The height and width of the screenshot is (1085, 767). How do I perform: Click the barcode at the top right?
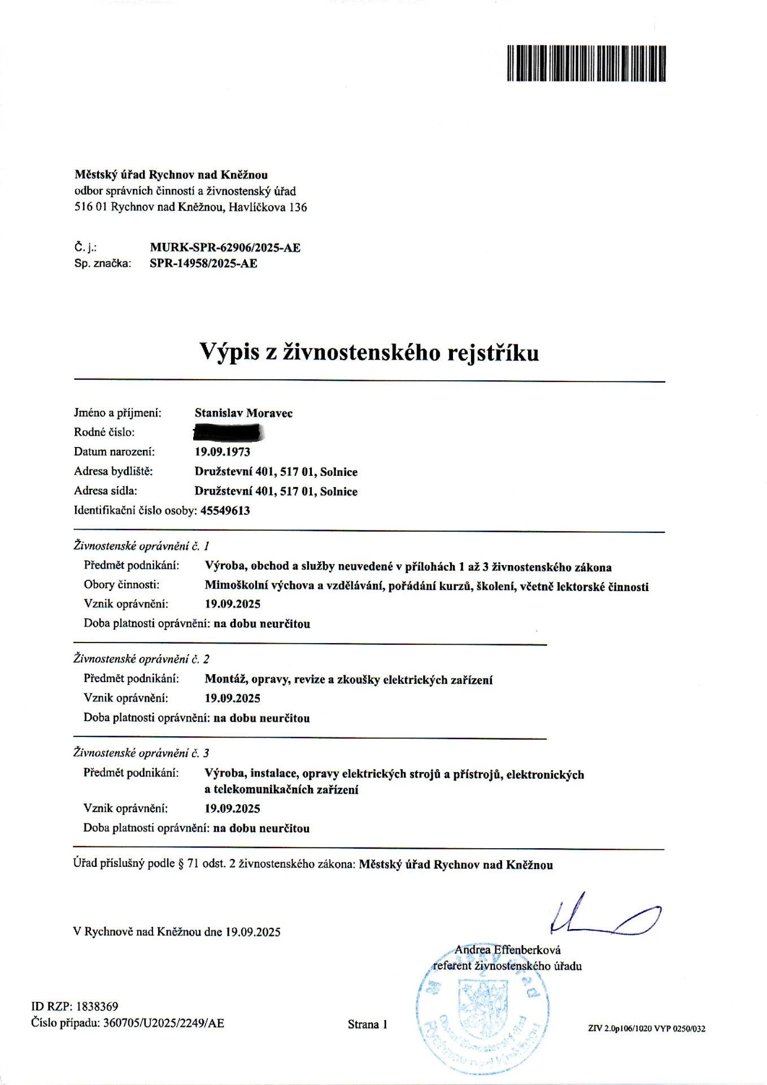586,63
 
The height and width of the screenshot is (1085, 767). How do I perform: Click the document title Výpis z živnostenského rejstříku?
369,351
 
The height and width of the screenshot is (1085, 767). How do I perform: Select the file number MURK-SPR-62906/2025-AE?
225,248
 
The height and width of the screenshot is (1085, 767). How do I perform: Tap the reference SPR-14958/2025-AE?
203,263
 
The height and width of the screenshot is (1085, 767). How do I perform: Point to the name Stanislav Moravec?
243,413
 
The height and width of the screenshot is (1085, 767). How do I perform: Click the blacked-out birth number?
229,433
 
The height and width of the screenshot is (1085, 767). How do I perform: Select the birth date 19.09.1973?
222,452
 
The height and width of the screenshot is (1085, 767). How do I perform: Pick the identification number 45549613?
225,511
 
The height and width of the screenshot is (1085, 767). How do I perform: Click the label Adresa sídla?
105,491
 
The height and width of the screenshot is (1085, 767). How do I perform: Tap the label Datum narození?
114,452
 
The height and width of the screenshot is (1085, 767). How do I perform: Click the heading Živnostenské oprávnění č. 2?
141,659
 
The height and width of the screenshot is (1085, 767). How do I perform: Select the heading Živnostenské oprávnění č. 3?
141,753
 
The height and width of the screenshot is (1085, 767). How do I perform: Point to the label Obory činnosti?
121,585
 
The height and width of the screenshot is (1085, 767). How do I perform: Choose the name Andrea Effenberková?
507,950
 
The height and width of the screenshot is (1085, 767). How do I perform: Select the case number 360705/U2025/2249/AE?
163,1023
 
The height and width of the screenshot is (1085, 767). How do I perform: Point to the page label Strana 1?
367,1025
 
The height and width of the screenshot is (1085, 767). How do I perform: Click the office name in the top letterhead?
171,175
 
